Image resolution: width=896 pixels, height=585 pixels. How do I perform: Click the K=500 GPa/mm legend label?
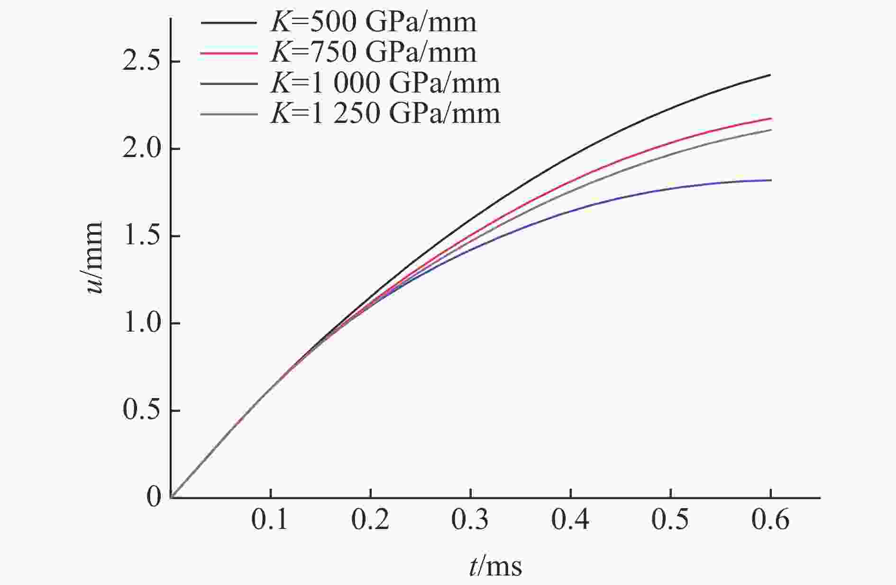click(373, 22)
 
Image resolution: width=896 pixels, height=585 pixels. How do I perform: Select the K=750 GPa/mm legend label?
click(373, 52)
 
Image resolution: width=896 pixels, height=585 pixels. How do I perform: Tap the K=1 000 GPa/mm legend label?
click(385, 83)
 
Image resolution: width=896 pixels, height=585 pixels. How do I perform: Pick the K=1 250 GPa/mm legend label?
click(385, 114)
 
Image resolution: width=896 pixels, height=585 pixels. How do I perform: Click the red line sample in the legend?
click(229, 53)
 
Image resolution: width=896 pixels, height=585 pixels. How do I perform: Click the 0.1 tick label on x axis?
click(270, 520)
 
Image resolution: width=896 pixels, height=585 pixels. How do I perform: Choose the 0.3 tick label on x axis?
click(470, 520)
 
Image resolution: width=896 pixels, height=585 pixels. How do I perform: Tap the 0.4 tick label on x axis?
click(570, 520)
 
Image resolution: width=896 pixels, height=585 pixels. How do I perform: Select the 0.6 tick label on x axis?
click(770, 520)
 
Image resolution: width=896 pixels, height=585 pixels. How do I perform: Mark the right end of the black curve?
click(770, 75)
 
